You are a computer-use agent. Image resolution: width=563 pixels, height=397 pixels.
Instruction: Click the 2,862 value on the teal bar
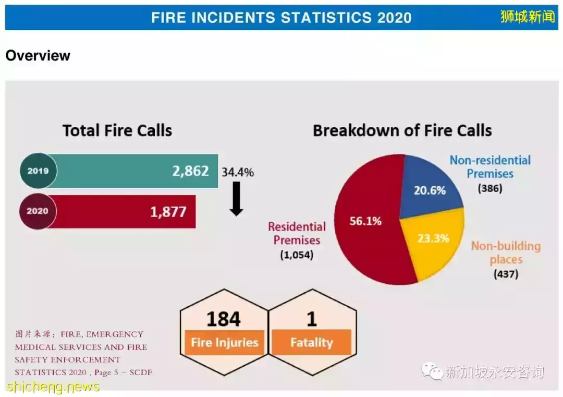[x=190, y=171]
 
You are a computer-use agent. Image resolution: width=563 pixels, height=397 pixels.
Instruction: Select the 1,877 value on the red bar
[x=168, y=212]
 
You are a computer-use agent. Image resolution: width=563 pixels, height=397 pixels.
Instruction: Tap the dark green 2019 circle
[x=38, y=171]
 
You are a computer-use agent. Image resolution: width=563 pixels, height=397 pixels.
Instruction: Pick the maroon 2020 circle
[x=38, y=211]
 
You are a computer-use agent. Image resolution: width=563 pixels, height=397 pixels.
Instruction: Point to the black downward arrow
[x=236, y=199]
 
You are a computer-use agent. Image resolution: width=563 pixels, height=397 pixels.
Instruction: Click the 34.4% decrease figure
[x=238, y=173]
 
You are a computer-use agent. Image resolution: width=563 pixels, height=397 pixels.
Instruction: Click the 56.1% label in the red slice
[x=365, y=221]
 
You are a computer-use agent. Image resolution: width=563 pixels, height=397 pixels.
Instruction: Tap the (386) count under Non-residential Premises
[x=489, y=188]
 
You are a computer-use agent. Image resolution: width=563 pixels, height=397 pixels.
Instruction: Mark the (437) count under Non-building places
[x=506, y=274]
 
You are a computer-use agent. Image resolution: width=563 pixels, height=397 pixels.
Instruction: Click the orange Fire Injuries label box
[x=224, y=342]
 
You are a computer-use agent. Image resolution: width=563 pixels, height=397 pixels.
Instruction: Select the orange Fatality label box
[x=312, y=342]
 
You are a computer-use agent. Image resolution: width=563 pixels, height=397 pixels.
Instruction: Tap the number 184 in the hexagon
[x=223, y=319]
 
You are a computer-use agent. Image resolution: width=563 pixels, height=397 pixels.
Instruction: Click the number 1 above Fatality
[x=312, y=319]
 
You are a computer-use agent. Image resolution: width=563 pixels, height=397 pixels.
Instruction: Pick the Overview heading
[x=38, y=56]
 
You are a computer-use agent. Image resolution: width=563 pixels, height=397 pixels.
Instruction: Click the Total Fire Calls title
[x=117, y=130]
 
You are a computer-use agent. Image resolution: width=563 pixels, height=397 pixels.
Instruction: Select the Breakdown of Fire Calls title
[x=402, y=130]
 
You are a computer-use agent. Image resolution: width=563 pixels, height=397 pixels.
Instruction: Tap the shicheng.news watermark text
[x=53, y=387]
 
